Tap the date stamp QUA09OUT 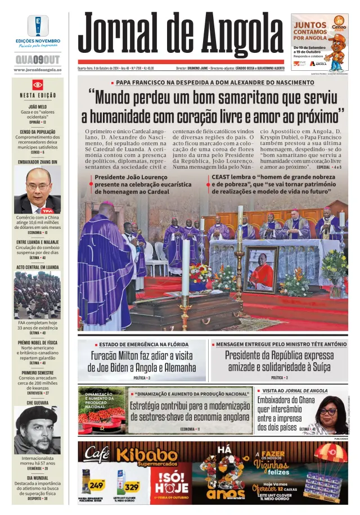[38, 59]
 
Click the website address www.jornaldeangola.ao [38, 70]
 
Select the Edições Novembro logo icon [38, 25]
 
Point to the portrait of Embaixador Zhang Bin [38, 189]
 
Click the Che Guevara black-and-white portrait [37, 430]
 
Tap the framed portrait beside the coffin [261, 269]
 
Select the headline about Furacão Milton [142, 362]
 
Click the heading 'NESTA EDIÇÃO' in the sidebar [38, 95]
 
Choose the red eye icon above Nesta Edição [38, 84]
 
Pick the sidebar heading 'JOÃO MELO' [38, 106]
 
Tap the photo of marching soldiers [37, 295]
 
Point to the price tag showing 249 [97, 484]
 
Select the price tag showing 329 [132, 486]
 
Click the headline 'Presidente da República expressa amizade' [279, 360]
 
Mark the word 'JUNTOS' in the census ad [310, 25]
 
